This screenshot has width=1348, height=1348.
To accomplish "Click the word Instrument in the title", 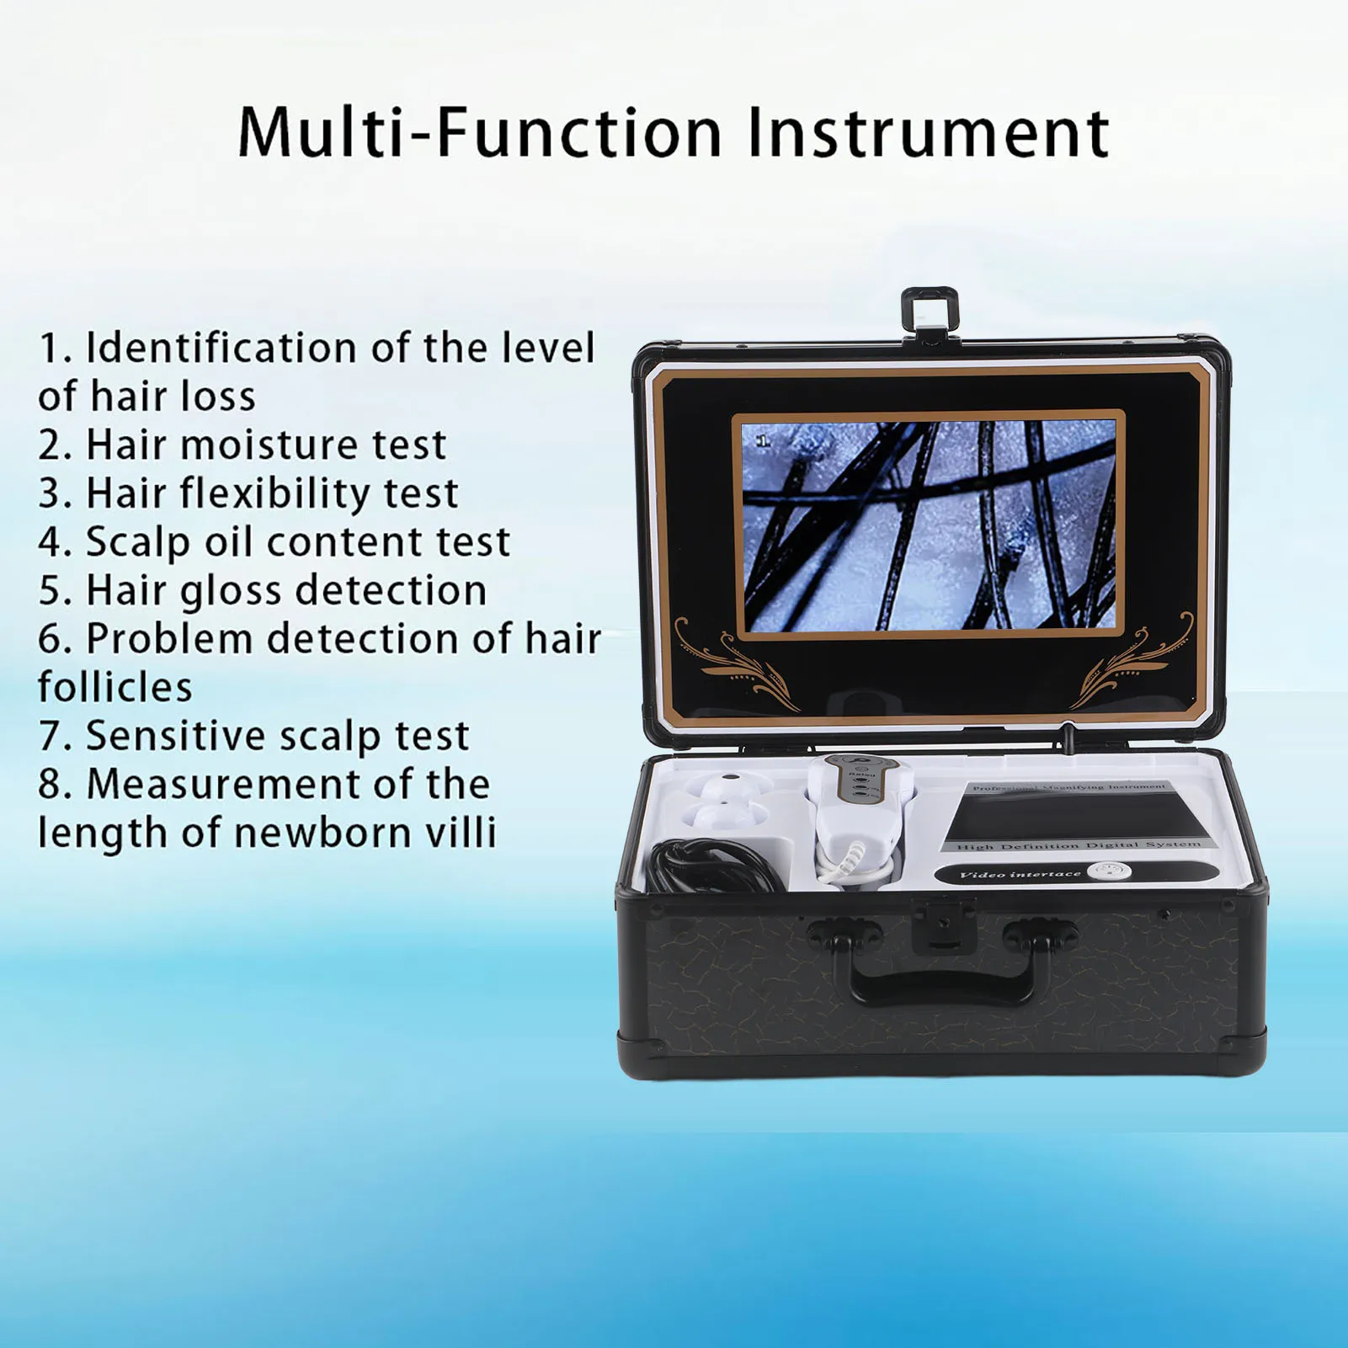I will click(928, 133).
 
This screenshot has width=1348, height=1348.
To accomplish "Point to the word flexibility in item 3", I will click(278, 493).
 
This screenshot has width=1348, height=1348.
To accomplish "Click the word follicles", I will click(115, 687).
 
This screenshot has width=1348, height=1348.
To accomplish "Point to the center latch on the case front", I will click(943, 924).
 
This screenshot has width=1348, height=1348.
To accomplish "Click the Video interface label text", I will click(1020, 874).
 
